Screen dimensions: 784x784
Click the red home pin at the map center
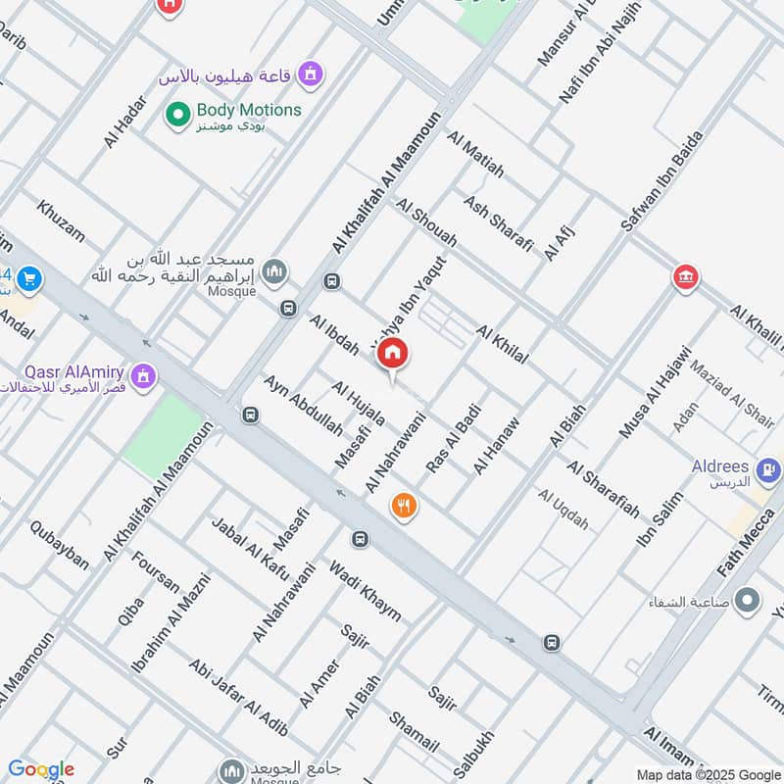[x=393, y=354]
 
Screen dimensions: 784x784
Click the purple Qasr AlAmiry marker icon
[x=145, y=376]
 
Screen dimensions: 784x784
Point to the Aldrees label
[x=720, y=467]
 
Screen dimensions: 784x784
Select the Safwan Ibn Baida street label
[x=662, y=181]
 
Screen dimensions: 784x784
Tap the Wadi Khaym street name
[x=365, y=590]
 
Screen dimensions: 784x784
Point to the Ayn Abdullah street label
[x=303, y=405]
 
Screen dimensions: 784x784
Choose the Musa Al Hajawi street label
[x=656, y=392]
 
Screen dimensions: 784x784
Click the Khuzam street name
[x=61, y=221]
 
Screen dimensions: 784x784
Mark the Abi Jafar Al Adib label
[x=238, y=696]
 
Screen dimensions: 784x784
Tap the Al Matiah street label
[x=475, y=154]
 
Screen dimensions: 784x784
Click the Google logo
[x=41, y=769]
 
